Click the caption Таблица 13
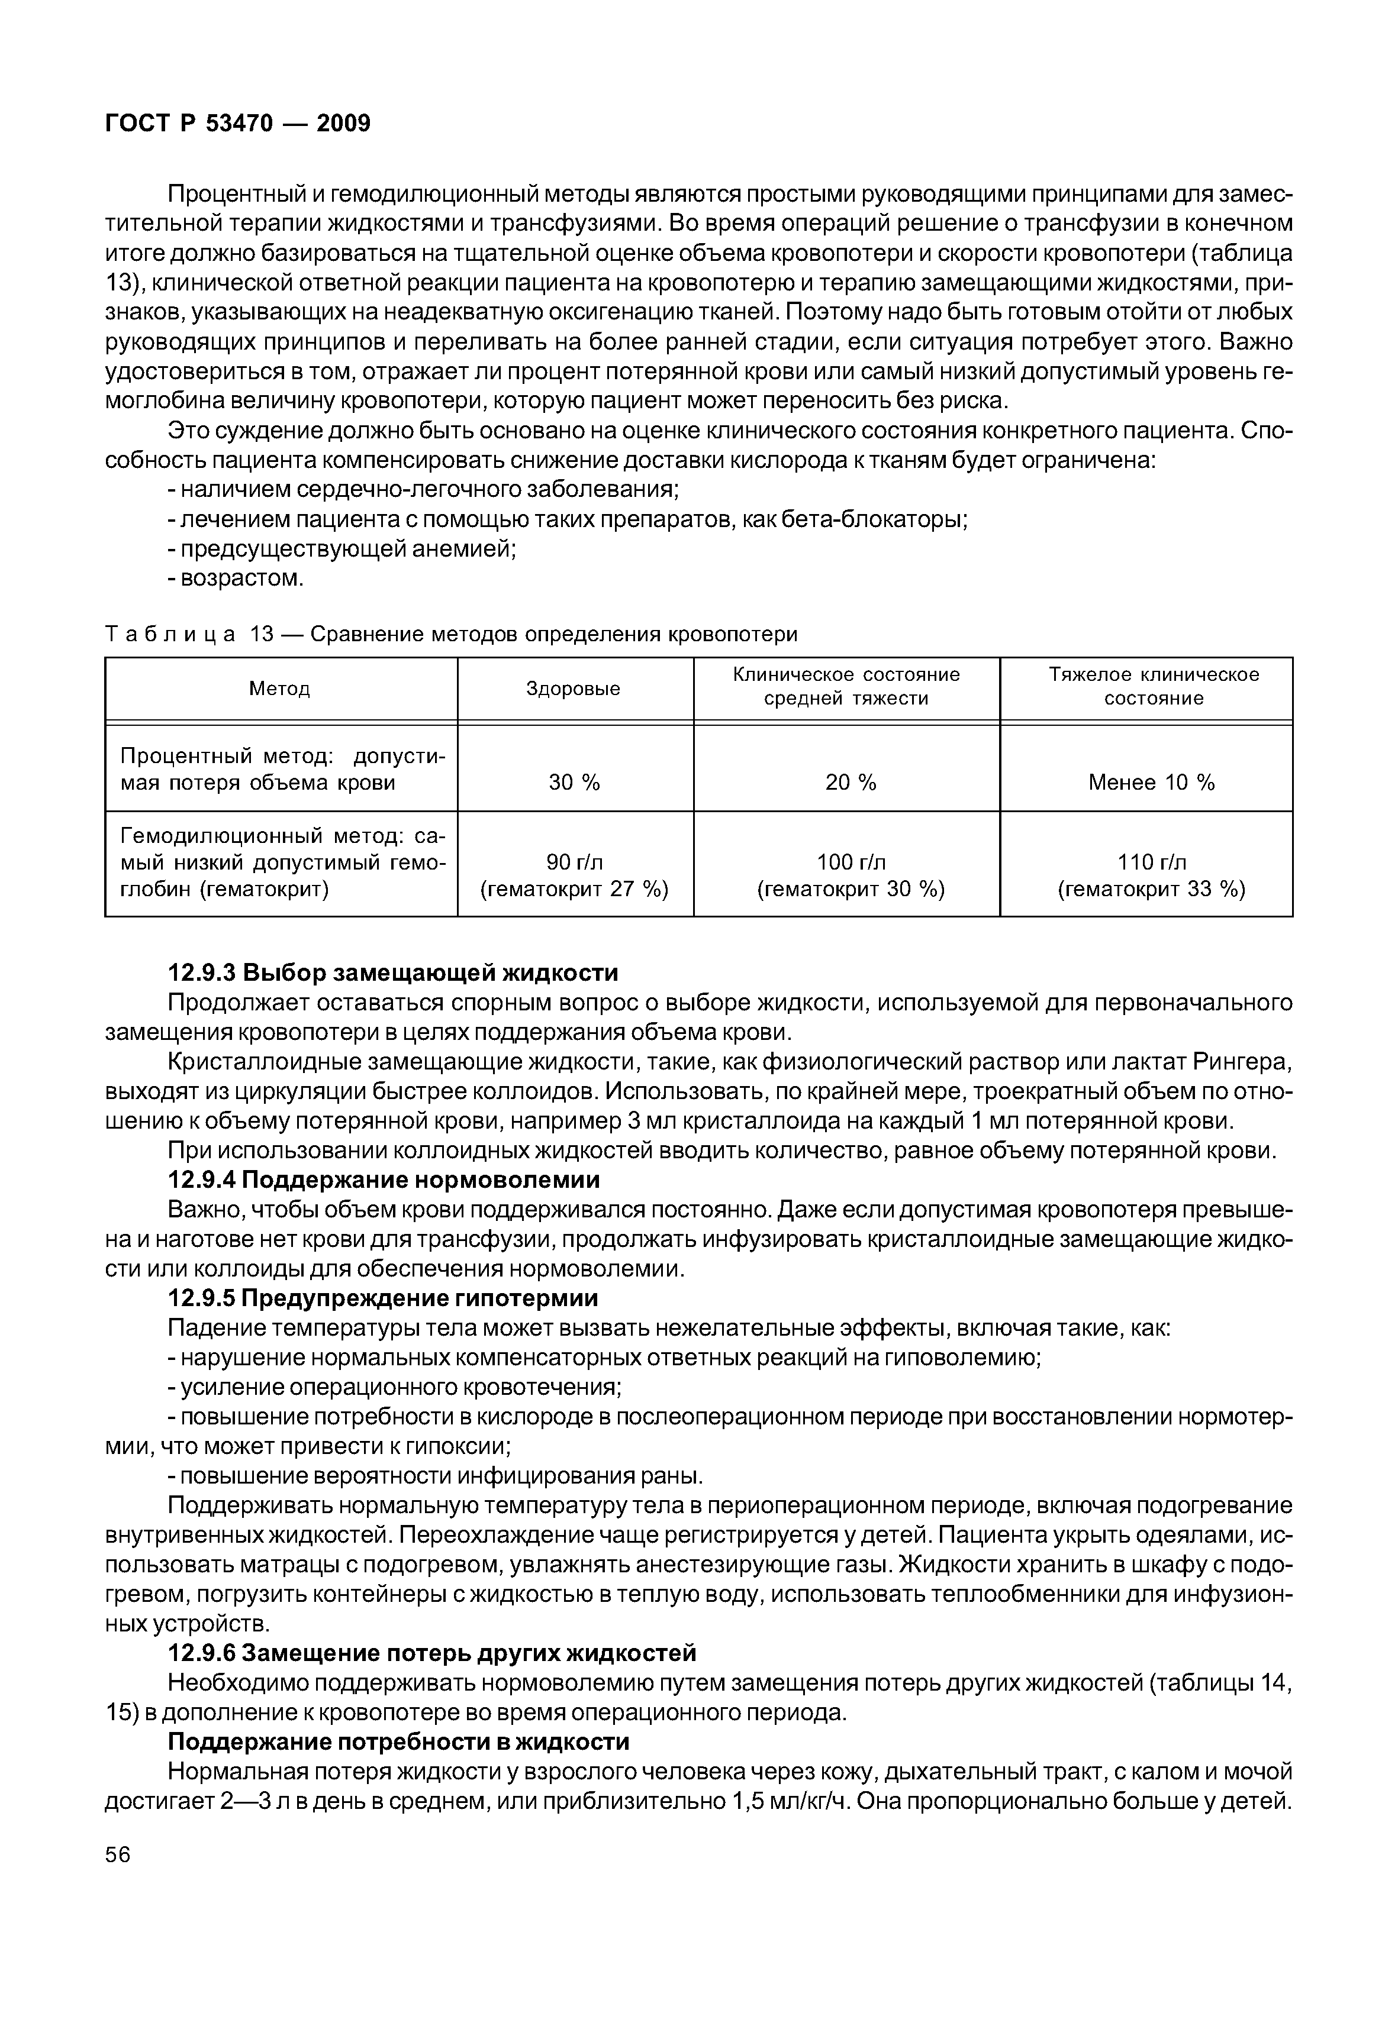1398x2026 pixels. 451,633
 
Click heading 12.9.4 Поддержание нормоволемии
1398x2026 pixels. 384,1180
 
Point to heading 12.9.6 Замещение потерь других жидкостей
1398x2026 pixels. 432,1653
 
